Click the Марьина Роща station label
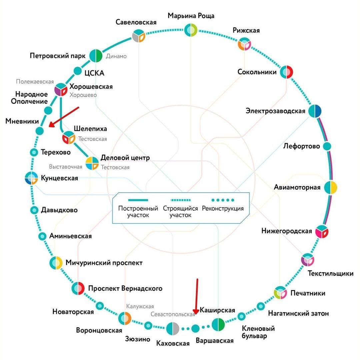coord(191,16)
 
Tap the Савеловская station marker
coord(138,36)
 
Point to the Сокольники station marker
coord(286,72)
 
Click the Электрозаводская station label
coord(275,111)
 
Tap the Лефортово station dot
coord(327,146)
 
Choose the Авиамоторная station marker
coord(331,187)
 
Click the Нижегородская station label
coord(287,231)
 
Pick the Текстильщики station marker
coord(307,260)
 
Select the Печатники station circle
coord(280,293)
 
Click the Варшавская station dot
coord(196,329)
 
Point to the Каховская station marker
coord(173,329)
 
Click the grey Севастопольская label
coord(173,314)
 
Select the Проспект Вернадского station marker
coord(78,288)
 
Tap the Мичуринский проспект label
coord(104,263)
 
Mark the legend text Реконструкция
coord(223,209)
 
